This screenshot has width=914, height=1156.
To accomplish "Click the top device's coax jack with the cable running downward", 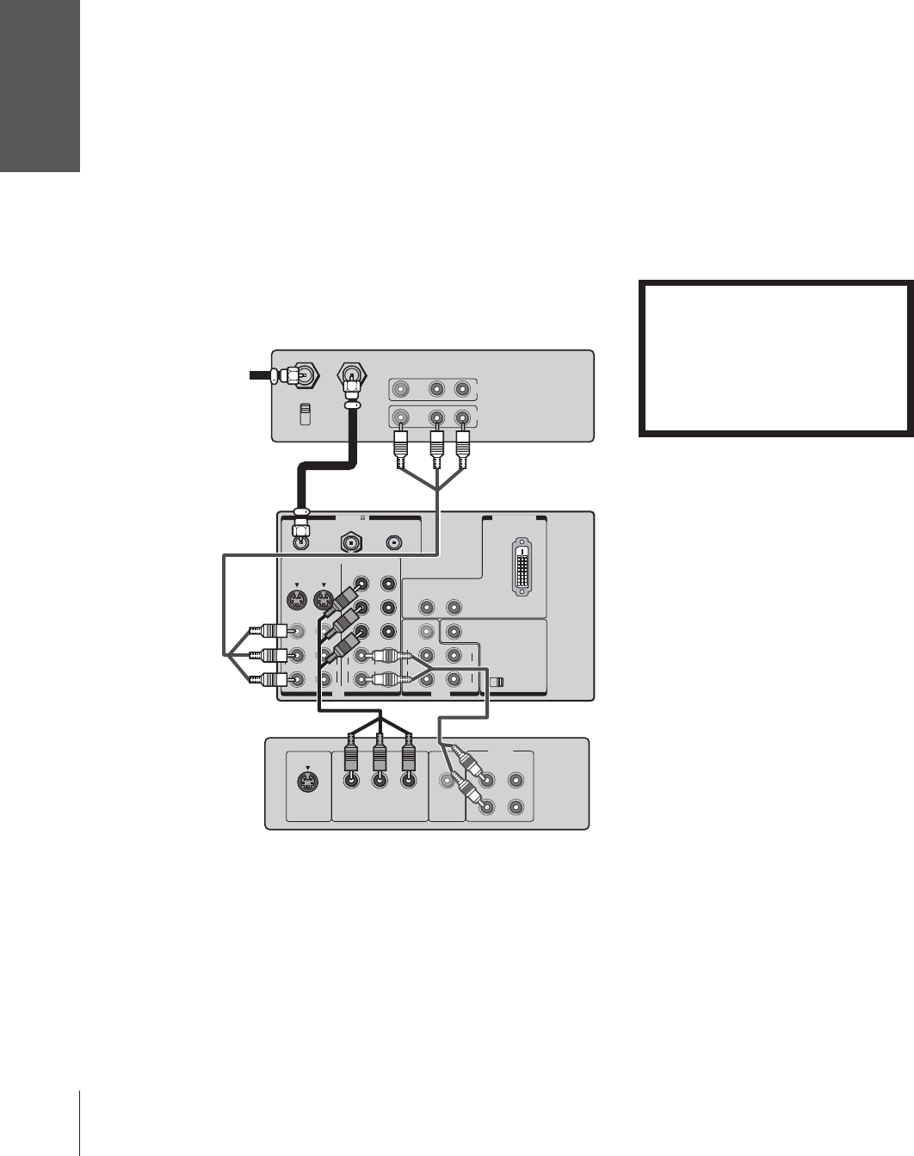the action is [353, 375].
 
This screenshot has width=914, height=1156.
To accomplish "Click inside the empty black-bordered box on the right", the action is [775, 357].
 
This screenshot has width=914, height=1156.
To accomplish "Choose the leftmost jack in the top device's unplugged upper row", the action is [399, 388].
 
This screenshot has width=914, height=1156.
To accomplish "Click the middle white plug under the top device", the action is [436, 445].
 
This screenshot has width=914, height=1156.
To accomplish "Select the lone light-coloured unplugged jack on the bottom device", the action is [446, 782].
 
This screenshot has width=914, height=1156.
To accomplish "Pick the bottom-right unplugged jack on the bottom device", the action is [516, 807].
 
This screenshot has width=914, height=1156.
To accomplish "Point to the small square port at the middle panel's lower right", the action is [494, 682].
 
